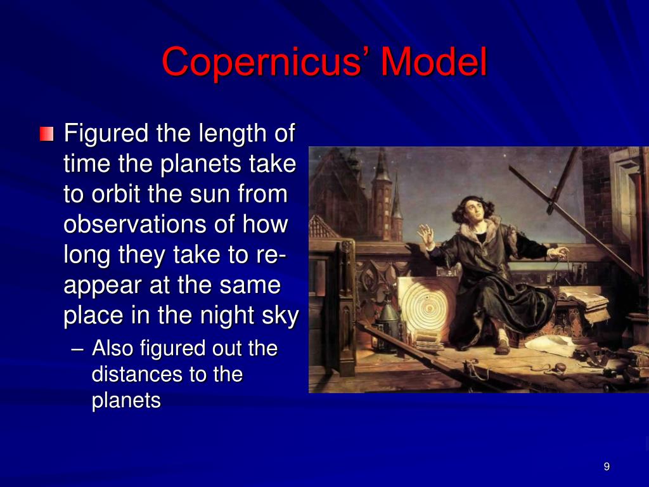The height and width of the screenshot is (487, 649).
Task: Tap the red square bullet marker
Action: pos(46,134)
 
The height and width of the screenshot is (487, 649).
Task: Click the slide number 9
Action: pos(607,467)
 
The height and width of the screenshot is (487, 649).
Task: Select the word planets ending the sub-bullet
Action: pos(126,401)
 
